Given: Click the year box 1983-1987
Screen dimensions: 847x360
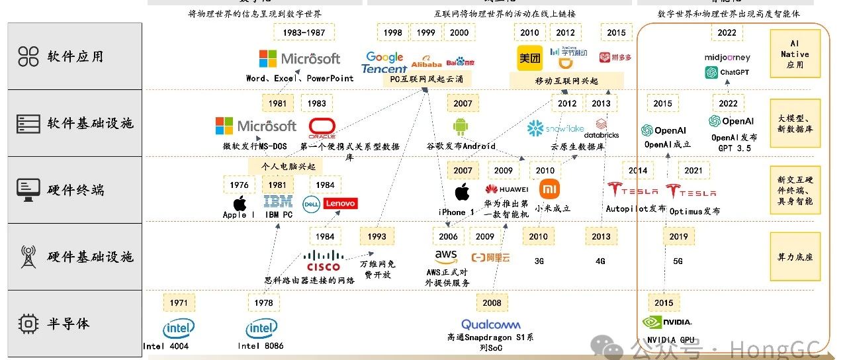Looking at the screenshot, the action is point(304,32).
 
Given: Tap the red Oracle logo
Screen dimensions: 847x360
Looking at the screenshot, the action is point(322,126).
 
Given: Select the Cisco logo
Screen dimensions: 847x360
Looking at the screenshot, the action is point(324,261).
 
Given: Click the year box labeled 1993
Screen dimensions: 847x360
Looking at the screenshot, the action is point(377,236).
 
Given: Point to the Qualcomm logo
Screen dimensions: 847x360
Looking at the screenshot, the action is point(491,324).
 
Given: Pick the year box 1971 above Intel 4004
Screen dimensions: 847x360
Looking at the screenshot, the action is point(179,303).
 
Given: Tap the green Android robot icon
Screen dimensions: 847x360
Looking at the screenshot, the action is point(461,126).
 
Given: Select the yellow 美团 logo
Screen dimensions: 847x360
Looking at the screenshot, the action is point(529,58).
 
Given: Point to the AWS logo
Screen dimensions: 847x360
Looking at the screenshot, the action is point(446,256).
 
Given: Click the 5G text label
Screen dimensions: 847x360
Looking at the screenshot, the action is point(678,261).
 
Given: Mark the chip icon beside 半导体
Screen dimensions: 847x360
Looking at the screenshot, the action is point(28,324).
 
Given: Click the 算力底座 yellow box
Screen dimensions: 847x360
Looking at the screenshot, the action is point(795,257).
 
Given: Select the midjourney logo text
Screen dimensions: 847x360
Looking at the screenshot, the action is point(727,58).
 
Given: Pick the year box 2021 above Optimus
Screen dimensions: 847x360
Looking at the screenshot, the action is point(693,171).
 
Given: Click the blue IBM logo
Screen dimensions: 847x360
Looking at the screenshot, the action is point(278,202).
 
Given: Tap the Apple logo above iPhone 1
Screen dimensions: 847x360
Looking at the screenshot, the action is point(463,193).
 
